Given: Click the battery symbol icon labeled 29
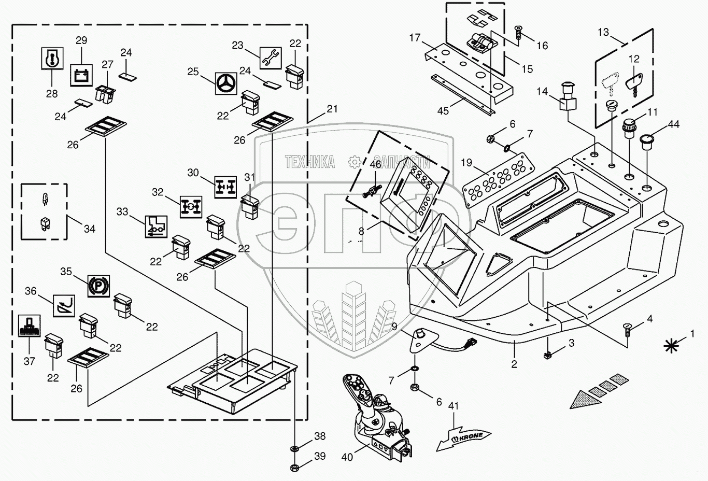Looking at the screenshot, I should [81, 75].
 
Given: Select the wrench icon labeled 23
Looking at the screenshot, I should [270, 58].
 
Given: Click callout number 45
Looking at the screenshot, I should [443, 111].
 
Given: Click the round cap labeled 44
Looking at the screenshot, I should [646, 141].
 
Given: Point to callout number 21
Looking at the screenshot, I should [332, 109].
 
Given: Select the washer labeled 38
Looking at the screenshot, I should [294, 448].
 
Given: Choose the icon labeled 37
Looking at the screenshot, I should [30, 326].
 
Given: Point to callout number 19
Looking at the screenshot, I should [466, 163].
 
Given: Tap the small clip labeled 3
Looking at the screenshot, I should [547, 356].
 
